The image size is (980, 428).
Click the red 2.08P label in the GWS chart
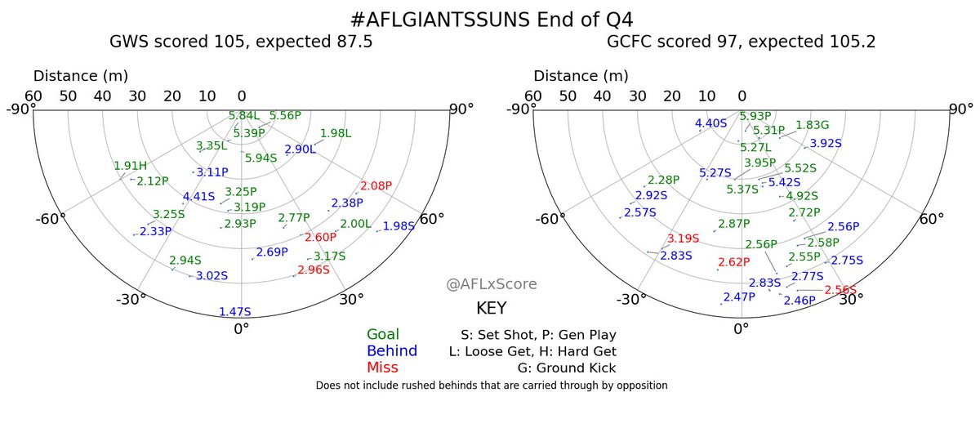(x=377, y=186)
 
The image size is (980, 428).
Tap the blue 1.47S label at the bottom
(x=235, y=312)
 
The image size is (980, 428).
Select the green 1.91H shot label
(x=130, y=167)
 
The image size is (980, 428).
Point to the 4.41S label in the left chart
(x=198, y=196)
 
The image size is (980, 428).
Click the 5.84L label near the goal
(x=244, y=116)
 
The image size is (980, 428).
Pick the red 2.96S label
(x=314, y=270)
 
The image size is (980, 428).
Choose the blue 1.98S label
(x=399, y=226)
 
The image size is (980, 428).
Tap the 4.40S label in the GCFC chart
(x=710, y=124)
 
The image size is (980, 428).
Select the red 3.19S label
(x=684, y=239)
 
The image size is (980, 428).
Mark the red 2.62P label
(x=733, y=262)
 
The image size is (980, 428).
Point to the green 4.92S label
(x=802, y=196)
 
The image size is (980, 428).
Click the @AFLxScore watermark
(x=492, y=284)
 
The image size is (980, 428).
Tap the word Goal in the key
(x=383, y=335)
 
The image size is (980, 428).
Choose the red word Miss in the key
(x=382, y=368)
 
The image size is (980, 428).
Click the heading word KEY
(x=491, y=309)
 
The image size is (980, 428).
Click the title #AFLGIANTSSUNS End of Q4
(x=490, y=19)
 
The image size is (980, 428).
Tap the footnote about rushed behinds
(x=491, y=385)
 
